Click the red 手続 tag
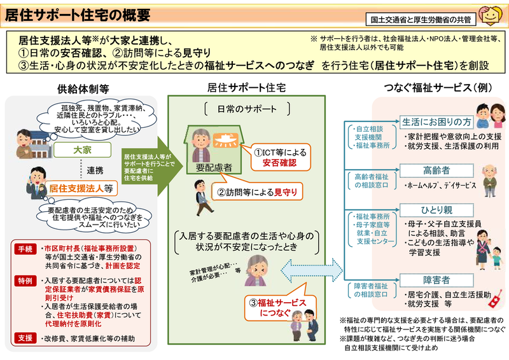(x=24, y=247)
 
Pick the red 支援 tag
(x=24, y=338)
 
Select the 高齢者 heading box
(x=436, y=170)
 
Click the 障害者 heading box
(x=436, y=280)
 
